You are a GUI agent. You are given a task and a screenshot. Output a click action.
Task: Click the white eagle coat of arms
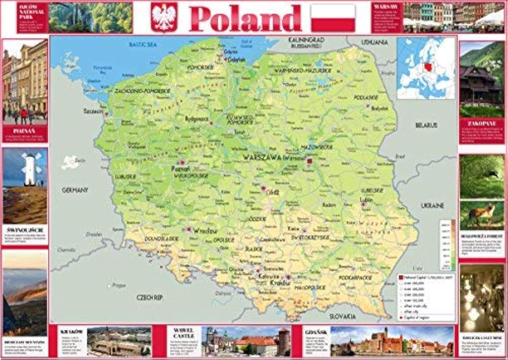click(x=164, y=17)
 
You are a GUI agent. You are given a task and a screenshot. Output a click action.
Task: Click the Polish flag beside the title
click(x=333, y=18)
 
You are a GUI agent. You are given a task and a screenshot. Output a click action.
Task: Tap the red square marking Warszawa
click(x=309, y=161)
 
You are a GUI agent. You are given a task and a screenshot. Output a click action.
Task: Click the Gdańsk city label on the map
click(x=237, y=59)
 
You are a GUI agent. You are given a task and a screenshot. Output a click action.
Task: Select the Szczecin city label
click(x=93, y=111)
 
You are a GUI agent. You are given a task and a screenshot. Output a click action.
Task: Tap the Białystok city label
click(x=379, y=108)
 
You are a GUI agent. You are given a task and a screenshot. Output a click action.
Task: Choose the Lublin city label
click(x=366, y=200)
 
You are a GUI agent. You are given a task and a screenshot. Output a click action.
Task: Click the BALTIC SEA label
click(x=143, y=44)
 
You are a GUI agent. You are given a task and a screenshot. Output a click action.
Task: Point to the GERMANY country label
click(x=75, y=190)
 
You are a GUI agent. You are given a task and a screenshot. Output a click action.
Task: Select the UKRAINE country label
click(x=432, y=205)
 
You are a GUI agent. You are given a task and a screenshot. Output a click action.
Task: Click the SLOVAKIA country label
click(x=343, y=316)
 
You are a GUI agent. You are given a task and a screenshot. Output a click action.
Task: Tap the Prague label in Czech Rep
click(x=119, y=285)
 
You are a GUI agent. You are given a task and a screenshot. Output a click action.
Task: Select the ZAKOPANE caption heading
click(x=482, y=123)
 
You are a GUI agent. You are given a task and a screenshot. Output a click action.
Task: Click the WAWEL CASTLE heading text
click(x=184, y=333)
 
